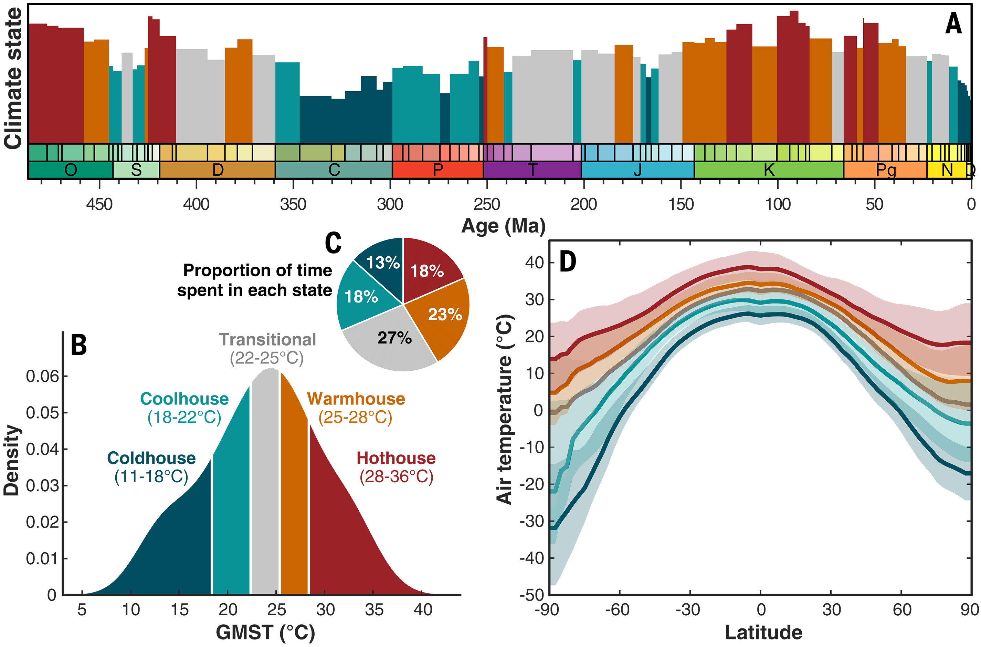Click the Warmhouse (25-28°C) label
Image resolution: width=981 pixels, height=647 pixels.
356,408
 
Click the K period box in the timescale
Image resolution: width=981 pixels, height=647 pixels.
769,170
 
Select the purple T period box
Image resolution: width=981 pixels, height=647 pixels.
532,170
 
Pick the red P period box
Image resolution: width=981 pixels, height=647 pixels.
437,170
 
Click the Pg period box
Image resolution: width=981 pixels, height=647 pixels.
885,170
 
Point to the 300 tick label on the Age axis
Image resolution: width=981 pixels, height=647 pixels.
390,204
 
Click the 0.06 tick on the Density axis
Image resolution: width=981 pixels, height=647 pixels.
42,376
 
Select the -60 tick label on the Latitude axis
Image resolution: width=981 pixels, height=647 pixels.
617,610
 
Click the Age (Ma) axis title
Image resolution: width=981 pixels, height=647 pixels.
503,226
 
